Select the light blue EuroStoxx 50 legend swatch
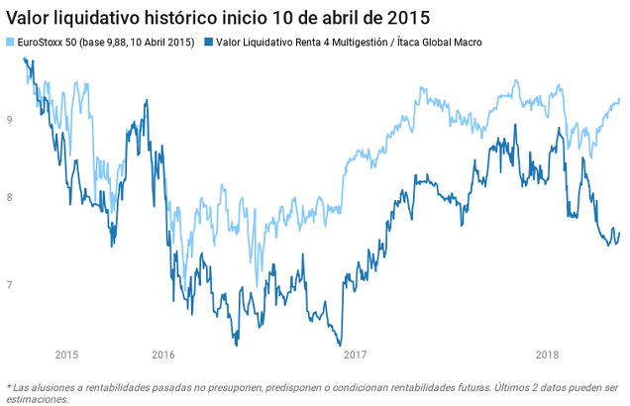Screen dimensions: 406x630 [11, 43]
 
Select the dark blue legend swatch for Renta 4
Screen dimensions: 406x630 [208, 43]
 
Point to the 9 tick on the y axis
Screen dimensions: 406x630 [9, 120]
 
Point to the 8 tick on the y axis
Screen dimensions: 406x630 [9, 198]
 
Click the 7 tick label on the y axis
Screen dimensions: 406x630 [9, 285]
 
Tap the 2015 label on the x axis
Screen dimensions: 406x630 [67, 355]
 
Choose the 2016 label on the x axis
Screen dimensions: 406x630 [163, 355]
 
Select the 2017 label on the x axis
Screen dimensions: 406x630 [356, 355]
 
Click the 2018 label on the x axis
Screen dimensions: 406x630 [547, 355]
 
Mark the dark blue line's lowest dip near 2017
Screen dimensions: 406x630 [340, 344]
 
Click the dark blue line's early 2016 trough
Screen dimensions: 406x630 [236, 344]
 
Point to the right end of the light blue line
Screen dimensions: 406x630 [619, 99]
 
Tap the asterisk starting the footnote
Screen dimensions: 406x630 [9, 386]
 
